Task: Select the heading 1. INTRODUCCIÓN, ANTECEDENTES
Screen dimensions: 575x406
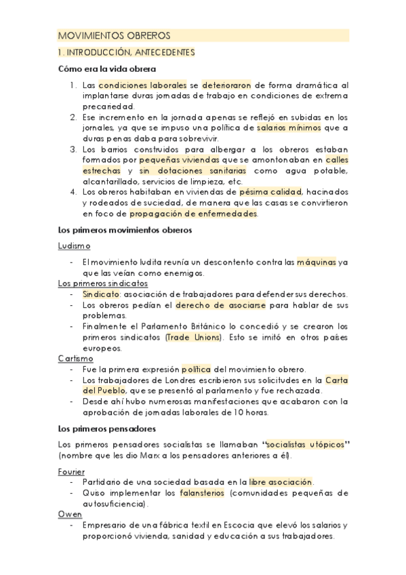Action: (127, 52)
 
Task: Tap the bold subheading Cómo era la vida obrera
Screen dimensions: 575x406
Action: (107, 69)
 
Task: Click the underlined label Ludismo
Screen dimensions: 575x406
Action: (75, 245)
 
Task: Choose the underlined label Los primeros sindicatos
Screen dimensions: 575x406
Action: (103, 283)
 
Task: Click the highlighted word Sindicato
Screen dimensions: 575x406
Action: (101, 294)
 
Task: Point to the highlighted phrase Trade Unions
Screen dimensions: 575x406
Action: (193, 337)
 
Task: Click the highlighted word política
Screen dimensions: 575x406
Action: (197, 370)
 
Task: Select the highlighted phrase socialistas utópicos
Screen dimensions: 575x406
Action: (304, 444)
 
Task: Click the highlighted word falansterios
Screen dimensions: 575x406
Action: (203, 493)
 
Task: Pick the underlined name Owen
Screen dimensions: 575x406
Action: (70, 514)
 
